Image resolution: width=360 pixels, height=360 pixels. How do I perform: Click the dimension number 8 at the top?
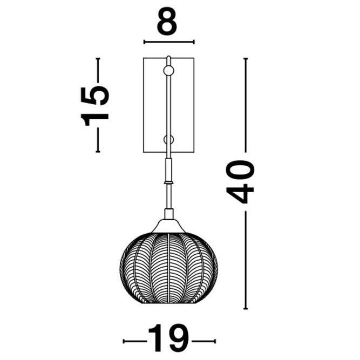click(167, 21)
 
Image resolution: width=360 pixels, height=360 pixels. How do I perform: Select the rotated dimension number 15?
click(94, 106)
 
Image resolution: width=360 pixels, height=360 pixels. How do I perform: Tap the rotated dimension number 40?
click(240, 181)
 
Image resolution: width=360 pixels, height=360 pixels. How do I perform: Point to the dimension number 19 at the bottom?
click(169, 341)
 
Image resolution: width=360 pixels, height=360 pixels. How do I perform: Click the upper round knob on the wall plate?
click(168, 71)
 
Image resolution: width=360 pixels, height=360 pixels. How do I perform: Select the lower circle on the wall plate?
click(168, 140)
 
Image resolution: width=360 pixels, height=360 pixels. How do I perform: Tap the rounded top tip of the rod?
click(168, 57)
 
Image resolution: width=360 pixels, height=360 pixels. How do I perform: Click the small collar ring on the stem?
click(168, 182)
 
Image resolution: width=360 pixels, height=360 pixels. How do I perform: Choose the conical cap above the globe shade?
click(168, 226)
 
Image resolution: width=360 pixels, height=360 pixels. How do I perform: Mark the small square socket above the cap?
click(169, 214)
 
